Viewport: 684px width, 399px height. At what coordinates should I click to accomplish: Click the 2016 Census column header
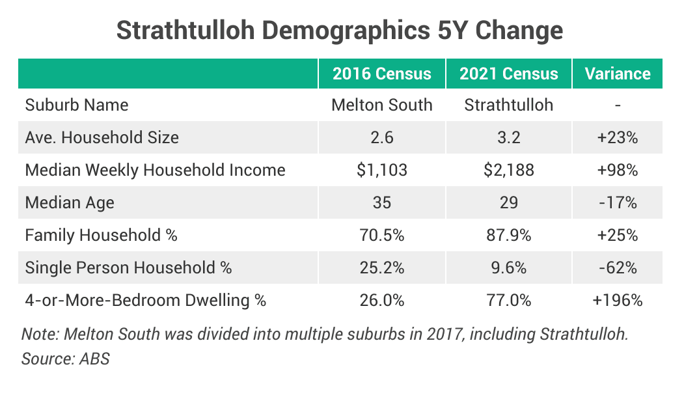pyautogui.click(x=382, y=74)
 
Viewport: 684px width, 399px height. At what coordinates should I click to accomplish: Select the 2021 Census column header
pyautogui.click(x=509, y=74)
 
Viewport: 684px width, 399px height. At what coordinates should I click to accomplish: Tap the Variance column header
pyautogui.click(x=618, y=74)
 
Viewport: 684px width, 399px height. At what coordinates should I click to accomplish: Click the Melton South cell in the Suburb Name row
pyautogui.click(x=382, y=105)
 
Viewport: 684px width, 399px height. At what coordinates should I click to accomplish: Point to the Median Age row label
pyautogui.click(x=70, y=202)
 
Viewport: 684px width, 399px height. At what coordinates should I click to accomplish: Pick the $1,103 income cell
pyautogui.click(x=382, y=170)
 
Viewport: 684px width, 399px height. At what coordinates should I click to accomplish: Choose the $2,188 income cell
pyautogui.click(x=509, y=170)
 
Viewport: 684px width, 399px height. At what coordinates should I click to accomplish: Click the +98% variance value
pyautogui.click(x=618, y=170)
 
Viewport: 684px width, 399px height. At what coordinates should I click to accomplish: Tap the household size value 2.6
pyautogui.click(x=382, y=137)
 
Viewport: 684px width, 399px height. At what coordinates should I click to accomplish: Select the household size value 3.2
pyautogui.click(x=509, y=137)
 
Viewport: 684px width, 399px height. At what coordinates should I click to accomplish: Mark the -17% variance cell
pyautogui.click(x=618, y=202)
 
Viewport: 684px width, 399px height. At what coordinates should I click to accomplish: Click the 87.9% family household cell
pyautogui.click(x=509, y=235)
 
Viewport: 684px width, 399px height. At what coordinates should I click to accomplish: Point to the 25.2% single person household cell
pyautogui.click(x=382, y=268)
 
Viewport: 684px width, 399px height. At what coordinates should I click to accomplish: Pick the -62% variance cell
pyautogui.click(x=618, y=268)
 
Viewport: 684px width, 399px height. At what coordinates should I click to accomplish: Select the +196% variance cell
pyautogui.click(x=618, y=300)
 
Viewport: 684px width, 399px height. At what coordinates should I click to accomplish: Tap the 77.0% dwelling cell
pyautogui.click(x=509, y=300)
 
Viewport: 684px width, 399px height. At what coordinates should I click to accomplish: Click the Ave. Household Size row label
pyautogui.click(x=102, y=137)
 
